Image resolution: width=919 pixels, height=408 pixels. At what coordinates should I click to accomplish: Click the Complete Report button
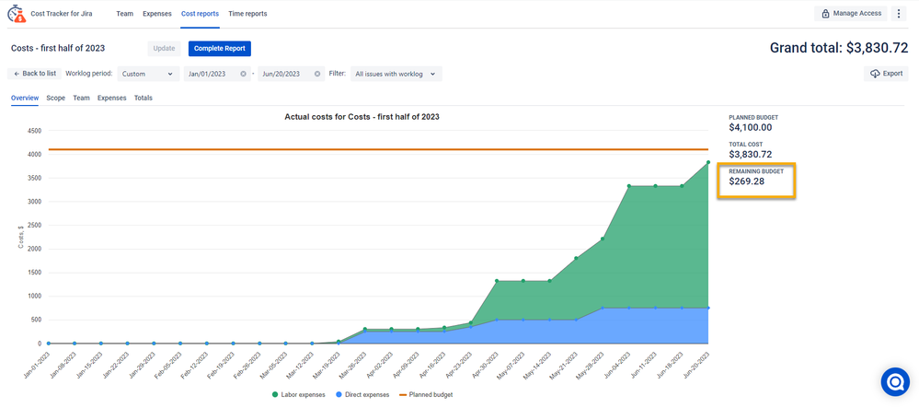coord(219,49)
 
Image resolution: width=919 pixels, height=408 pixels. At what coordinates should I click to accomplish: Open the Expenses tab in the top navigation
coord(156,14)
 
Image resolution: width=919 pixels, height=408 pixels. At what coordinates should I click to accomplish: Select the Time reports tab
coord(247,14)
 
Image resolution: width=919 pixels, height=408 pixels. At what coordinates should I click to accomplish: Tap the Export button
coord(886,74)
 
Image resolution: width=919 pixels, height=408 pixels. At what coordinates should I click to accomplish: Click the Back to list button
coord(34,74)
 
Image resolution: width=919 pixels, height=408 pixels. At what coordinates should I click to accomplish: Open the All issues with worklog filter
coord(396,74)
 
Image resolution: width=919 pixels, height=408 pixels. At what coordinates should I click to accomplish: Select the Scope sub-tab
coord(55,98)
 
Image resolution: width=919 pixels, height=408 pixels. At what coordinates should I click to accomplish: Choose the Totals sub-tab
coord(144,98)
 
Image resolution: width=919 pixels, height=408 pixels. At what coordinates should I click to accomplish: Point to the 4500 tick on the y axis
coord(33,131)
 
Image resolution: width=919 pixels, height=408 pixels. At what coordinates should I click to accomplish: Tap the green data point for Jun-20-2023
coord(707,162)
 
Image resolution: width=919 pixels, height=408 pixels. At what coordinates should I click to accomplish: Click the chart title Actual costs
coord(362,117)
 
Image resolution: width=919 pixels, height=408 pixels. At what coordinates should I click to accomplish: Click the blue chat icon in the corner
coord(894,382)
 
